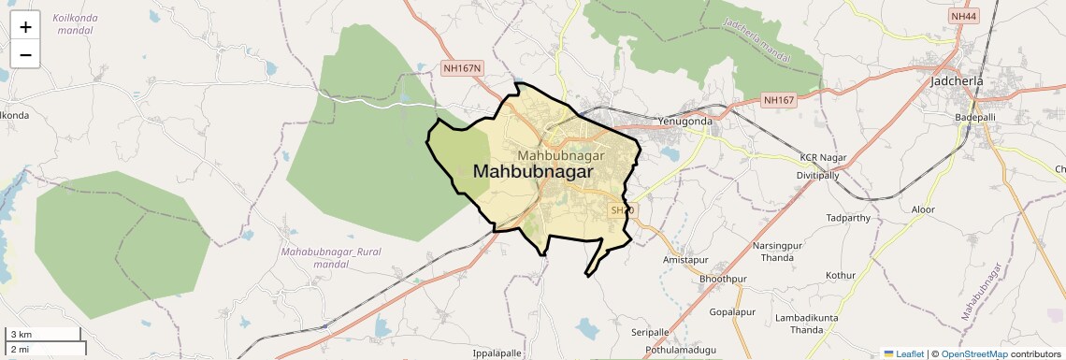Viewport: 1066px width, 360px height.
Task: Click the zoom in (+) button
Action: coord(25,28)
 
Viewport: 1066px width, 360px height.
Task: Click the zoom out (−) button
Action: coord(25,55)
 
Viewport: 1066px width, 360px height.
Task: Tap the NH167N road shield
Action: coord(462,68)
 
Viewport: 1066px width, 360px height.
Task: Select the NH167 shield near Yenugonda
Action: coord(778,100)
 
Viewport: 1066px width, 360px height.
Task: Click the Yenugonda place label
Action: coord(684,122)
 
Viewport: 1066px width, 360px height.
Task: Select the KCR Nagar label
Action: coord(822,157)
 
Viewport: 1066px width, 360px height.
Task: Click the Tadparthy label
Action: coord(848,218)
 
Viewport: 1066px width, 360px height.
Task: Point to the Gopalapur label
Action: coord(732,311)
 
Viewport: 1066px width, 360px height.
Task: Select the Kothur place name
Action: coord(840,276)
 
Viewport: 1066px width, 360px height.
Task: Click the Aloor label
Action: coord(922,209)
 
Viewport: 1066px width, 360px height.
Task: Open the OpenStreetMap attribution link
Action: coord(973,354)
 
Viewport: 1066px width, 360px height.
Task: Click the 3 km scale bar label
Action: coord(21,335)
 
